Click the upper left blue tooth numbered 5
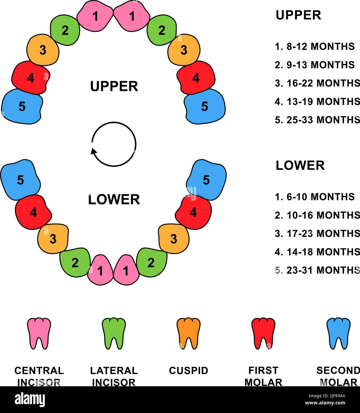coord(22,106)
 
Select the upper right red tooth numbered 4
coord(196,78)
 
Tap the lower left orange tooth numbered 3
coord(53,239)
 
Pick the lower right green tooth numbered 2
coord(151,262)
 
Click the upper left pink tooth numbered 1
coord(95,16)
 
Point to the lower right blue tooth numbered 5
coord(206,180)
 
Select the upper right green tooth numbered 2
coord(162,30)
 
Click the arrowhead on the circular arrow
coord(94,151)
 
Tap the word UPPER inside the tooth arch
coord(114,86)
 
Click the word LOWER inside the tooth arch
coord(114,199)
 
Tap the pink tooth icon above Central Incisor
coord(39,333)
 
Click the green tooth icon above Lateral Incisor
coord(114,333)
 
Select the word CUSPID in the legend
coord(188,371)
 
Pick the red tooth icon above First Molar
coord(263,333)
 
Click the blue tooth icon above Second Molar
coord(338,333)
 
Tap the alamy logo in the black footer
coord(30,400)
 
